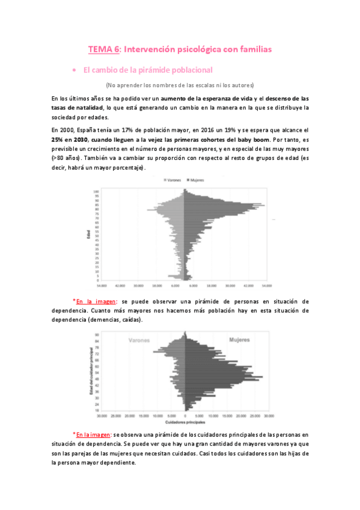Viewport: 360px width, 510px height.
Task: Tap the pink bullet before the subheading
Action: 73,70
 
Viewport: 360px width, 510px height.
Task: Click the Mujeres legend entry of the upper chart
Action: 197,180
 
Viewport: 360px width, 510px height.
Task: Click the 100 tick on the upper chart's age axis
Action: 96,191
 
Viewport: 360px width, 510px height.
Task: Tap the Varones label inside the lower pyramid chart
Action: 139,340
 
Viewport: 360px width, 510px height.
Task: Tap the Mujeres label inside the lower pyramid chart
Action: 240,340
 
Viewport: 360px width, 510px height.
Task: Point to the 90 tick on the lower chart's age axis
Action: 97,335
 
